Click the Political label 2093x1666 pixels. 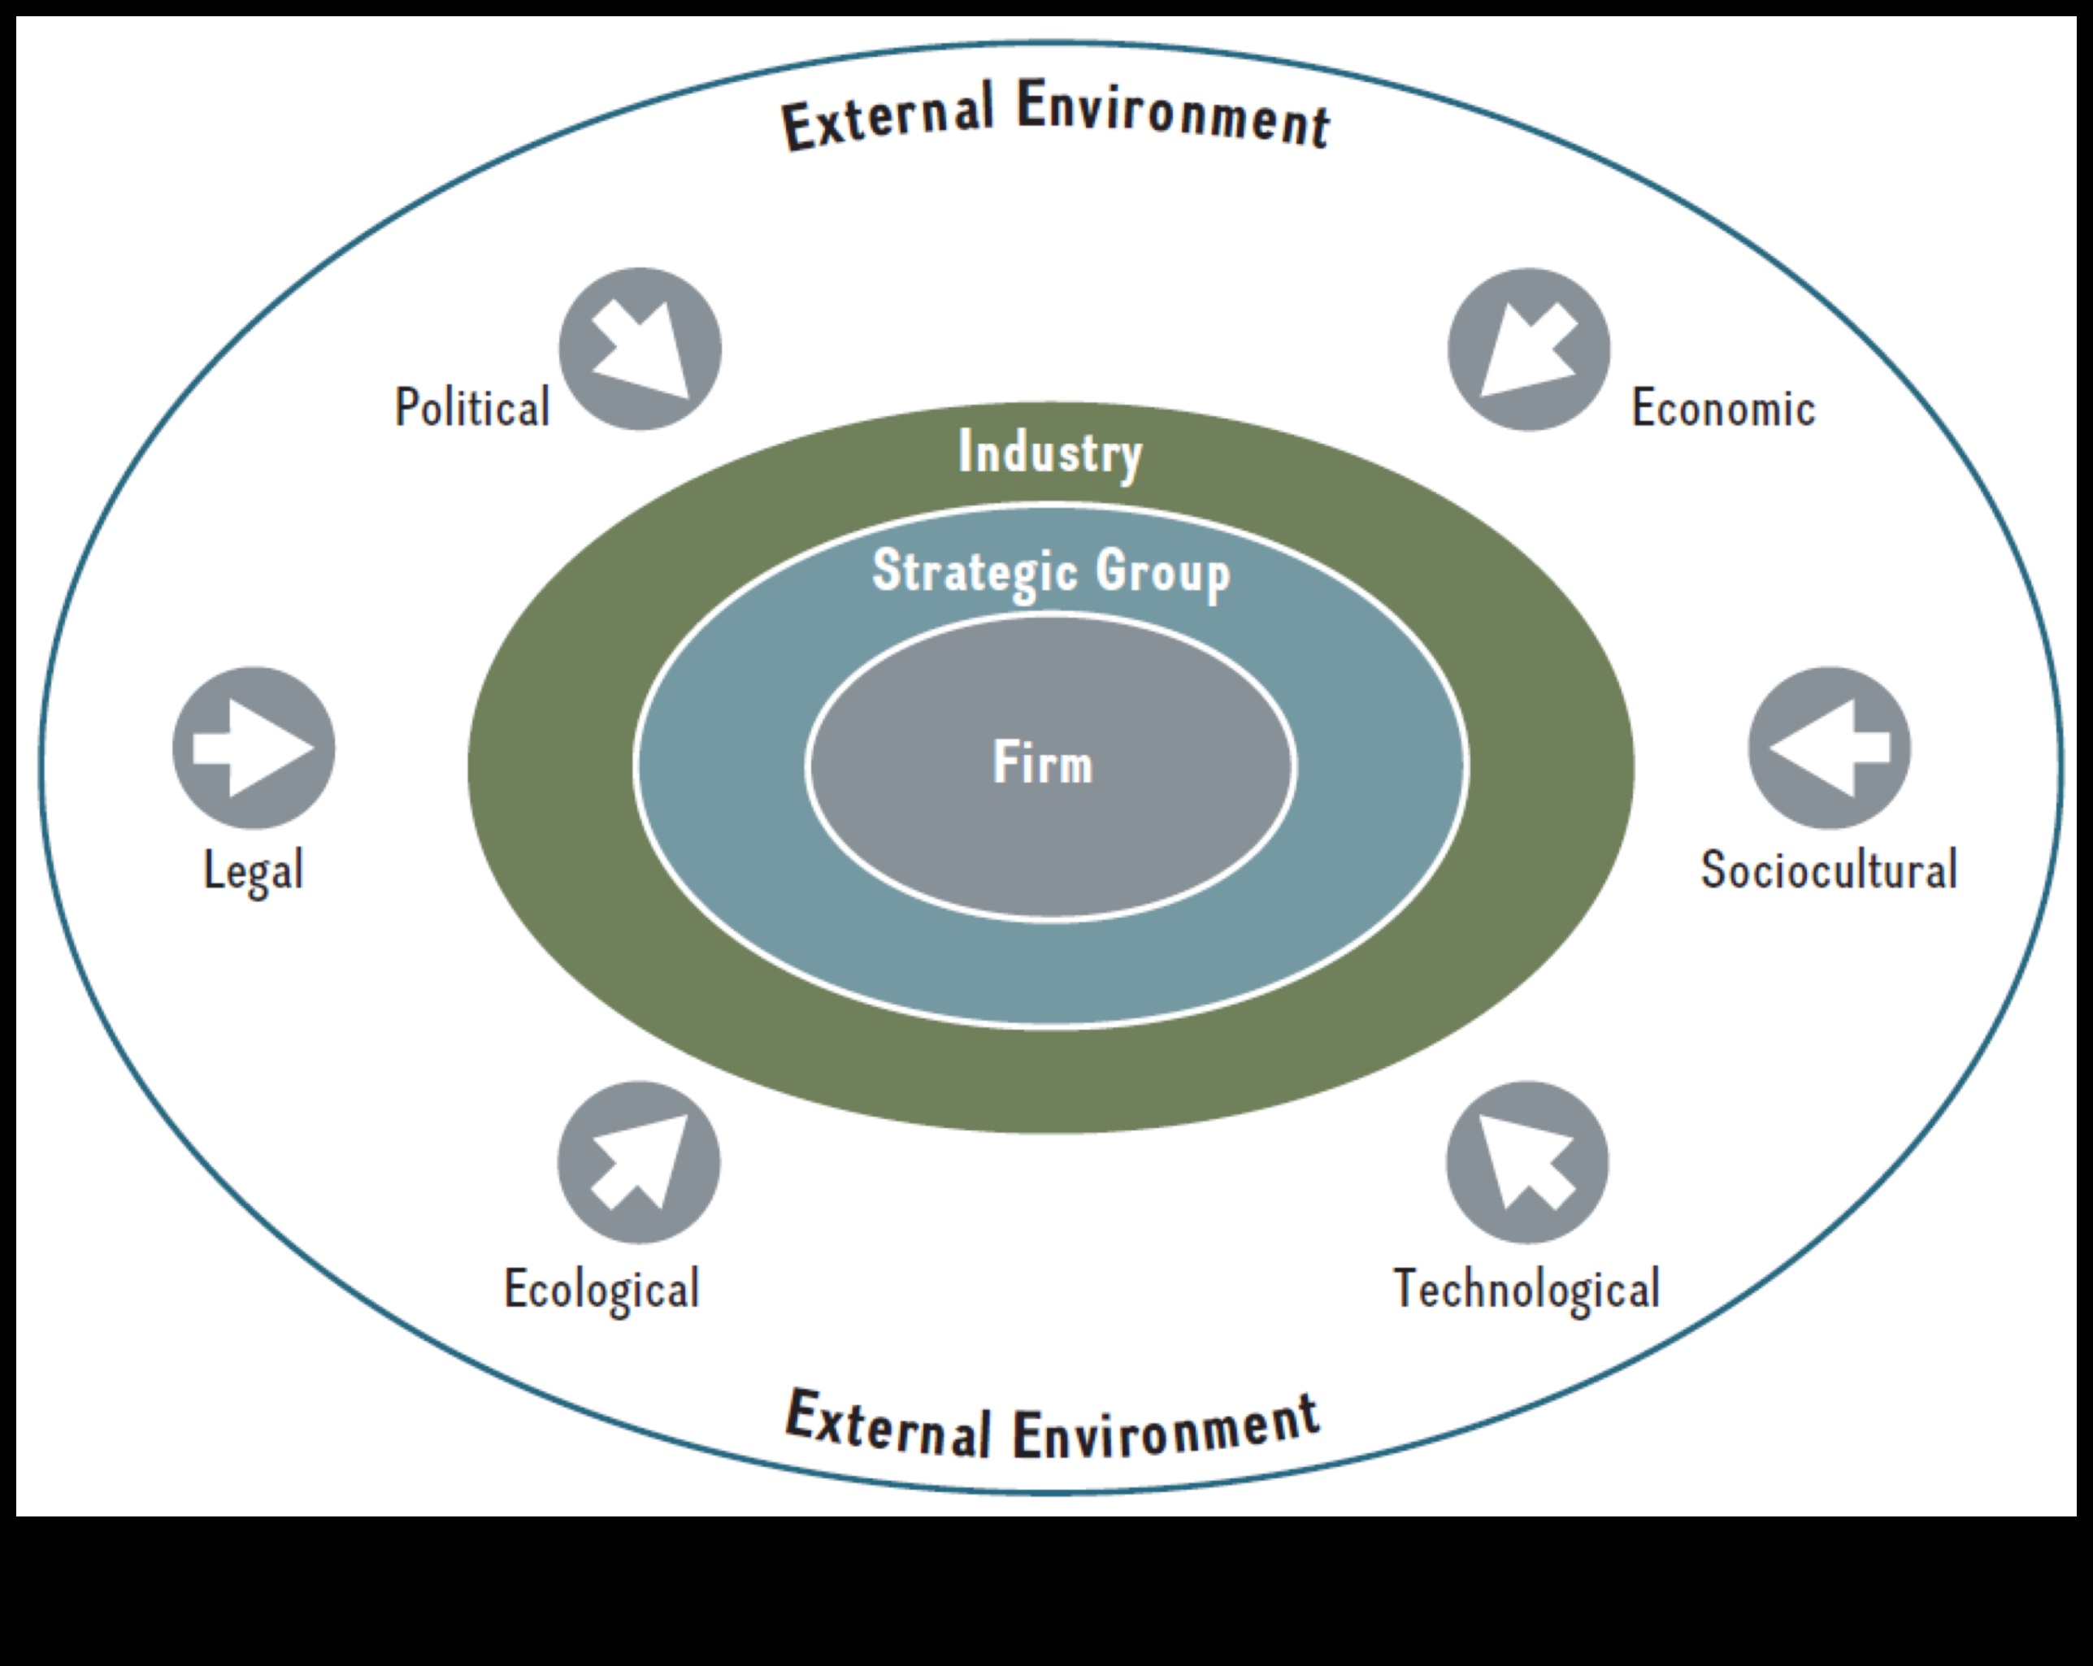coord(471,407)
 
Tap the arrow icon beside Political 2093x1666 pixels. coord(640,349)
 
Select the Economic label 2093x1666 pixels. coord(1723,407)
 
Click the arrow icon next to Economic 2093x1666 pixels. coord(1528,349)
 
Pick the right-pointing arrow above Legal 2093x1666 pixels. coord(254,748)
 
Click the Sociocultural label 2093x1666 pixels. coord(1829,869)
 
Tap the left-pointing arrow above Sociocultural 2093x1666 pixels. coord(1829,748)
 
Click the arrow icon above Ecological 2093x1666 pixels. coord(639,1162)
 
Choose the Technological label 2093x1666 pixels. coord(1527,1289)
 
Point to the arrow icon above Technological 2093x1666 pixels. coord(1527,1162)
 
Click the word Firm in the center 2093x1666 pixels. coord(1043,763)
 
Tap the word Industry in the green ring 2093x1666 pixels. coord(1050,453)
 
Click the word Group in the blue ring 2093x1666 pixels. coord(1163,572)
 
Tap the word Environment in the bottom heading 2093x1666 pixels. coord(1165,1427)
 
